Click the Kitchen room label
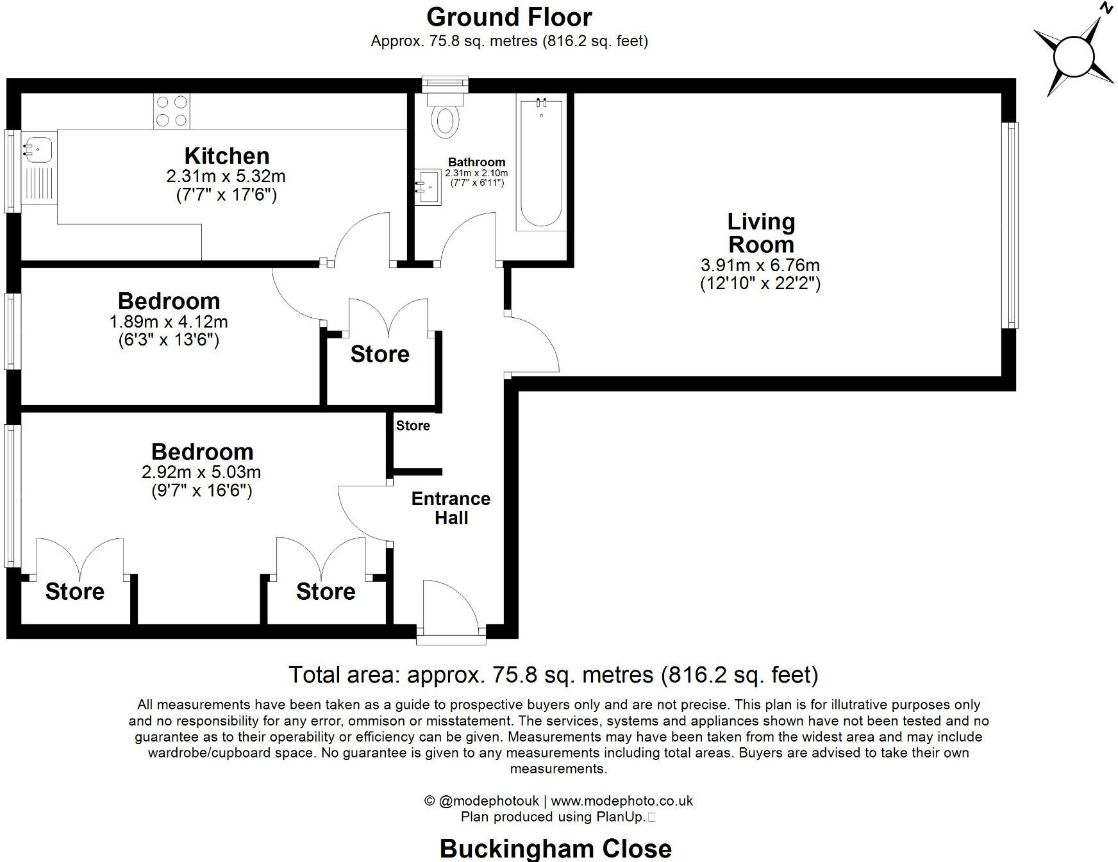tap(226, 156)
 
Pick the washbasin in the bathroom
tap(428, 187)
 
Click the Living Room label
tap(761, 233)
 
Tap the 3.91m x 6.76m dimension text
tap(760, 265)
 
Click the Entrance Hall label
tap(451, 508)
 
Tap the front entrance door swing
tap(451, 606)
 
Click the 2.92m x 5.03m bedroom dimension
tap(201, 473)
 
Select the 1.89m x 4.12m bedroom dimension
tap(169, 322)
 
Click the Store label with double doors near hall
tap(380, 354)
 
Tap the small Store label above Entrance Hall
tap(413, 426)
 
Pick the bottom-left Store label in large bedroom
tap(74, 591)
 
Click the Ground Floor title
tap(509, 17)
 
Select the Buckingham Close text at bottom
tap(555, 849)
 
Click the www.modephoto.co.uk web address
tap(621, 800)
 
